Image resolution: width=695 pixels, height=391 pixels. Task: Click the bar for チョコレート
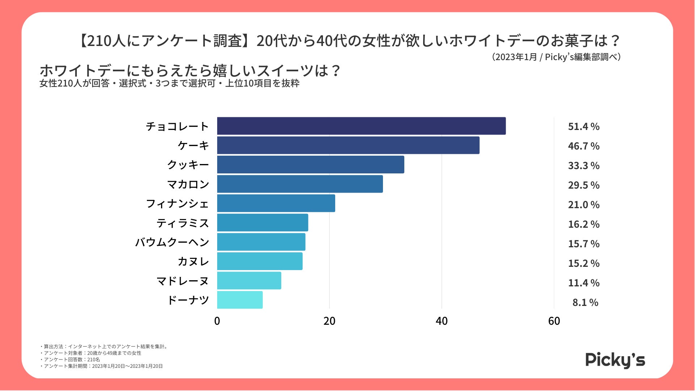pos(361,126)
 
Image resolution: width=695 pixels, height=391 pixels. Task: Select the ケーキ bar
pos(348,145)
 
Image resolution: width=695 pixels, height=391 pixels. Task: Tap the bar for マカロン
pos(300,184)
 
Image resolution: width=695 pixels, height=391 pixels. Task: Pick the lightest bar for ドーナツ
pos(240,300)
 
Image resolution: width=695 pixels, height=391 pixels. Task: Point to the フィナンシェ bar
pos(276,203)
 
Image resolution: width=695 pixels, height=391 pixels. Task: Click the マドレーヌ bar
pos(249,281)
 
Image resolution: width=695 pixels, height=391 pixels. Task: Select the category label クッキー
pos(188,165)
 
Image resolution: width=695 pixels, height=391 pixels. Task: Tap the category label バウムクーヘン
pos(172,242)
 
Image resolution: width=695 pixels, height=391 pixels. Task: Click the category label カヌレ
pos(193,261)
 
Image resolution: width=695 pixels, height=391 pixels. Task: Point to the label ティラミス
pos(183,223)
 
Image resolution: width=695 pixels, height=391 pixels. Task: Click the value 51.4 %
pos(584,127)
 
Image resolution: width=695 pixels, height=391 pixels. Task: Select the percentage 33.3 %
pos(584,166)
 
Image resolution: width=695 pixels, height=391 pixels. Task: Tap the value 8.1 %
pos(585,303)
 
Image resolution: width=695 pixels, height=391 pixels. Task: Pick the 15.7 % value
pos(584,244)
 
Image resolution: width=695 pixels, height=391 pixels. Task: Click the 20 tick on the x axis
pos(329,321)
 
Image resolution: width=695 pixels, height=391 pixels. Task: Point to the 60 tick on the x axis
pos(554,321)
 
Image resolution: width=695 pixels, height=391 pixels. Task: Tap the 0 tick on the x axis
pos(217,321)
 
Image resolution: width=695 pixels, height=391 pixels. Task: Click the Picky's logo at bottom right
pos(615,360)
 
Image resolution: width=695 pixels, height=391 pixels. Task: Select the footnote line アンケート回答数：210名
pos(71,360)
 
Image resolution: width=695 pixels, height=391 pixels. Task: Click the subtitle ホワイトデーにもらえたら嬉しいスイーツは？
pos(190,71)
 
